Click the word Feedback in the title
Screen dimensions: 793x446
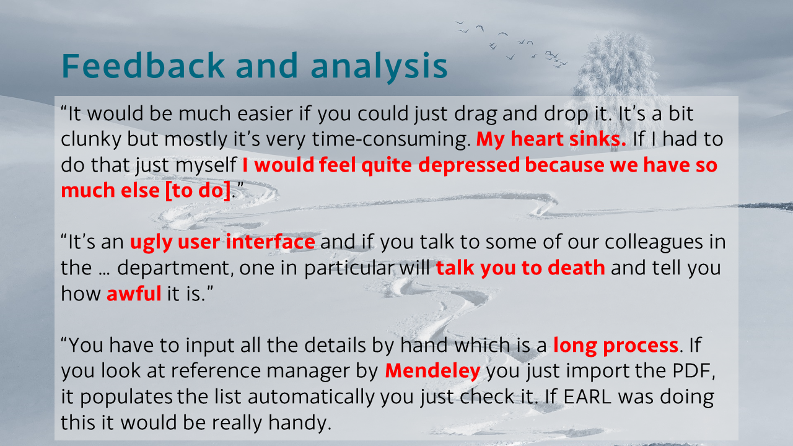143,65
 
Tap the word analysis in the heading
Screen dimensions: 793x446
379,68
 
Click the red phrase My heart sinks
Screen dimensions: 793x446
551,139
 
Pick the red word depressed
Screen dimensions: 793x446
469,165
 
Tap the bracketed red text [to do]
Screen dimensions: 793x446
198,190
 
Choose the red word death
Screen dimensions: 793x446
576,268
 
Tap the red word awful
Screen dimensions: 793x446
134,294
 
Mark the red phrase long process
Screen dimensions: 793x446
616,346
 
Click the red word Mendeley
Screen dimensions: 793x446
432,371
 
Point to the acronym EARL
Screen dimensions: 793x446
587,396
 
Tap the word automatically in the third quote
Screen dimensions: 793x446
311,397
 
